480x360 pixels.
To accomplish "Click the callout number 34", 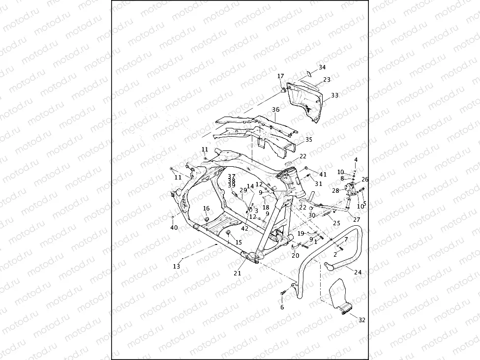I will (x=322, y=67).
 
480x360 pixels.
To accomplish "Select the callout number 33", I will (x=334, y=95).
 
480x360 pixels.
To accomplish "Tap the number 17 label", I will (x=280, y=76).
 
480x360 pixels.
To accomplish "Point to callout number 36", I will (x=275, y=110).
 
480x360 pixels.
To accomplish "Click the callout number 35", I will (x=309, y=140).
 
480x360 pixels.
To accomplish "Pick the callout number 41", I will (x=323, y=174).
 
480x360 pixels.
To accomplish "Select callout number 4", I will (x=356, y=160).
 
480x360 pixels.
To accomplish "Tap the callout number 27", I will (x=356, y=220).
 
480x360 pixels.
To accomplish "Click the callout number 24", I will (x=358, y=272).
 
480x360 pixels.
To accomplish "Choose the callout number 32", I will (x=361, y=320).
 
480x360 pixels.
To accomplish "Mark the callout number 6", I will (x=282, y=307).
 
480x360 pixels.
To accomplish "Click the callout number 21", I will (x=238, y=273).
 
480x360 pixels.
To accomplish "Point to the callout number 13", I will (x=176, y=266).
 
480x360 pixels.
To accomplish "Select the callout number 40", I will (x=174, y=228).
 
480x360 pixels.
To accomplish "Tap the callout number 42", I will (x=244, y=228).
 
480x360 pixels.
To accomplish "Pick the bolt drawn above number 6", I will (x=283, y=293).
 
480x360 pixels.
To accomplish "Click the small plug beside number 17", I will (x=284, y=90).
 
